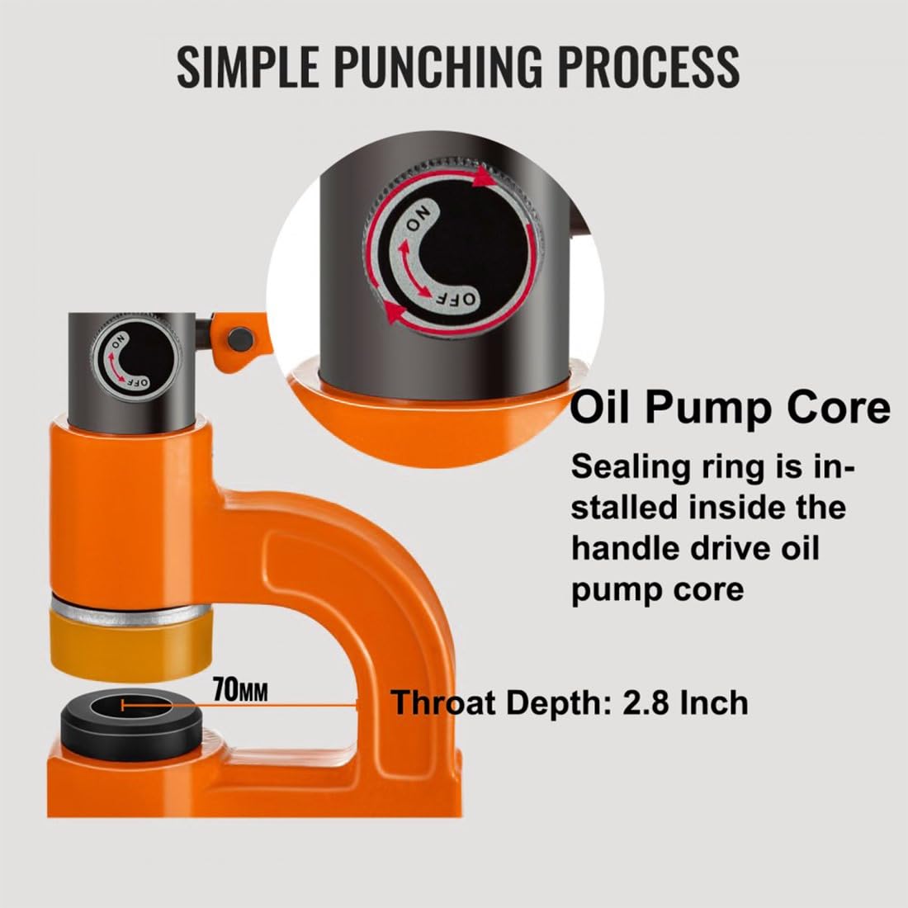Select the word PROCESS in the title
coord(650,65)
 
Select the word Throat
coord(443,702)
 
